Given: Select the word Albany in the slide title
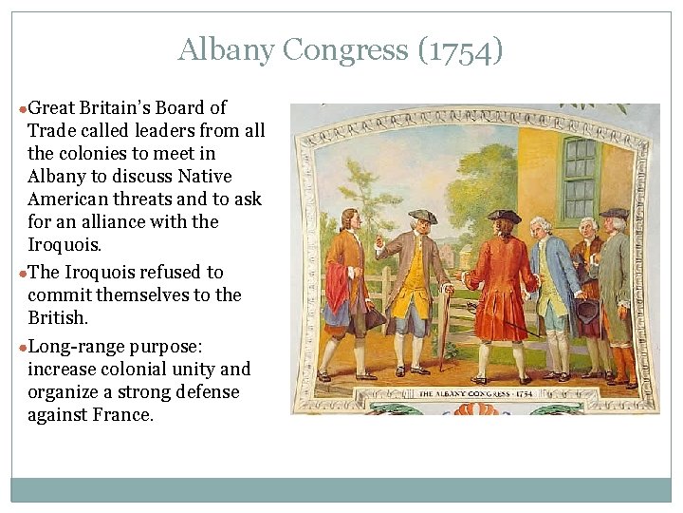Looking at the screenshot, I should click(212, 49).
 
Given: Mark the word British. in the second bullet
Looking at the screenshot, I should click(57, 318).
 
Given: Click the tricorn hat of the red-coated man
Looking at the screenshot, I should click(504, 216).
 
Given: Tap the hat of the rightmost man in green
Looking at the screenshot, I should click(614, 213).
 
